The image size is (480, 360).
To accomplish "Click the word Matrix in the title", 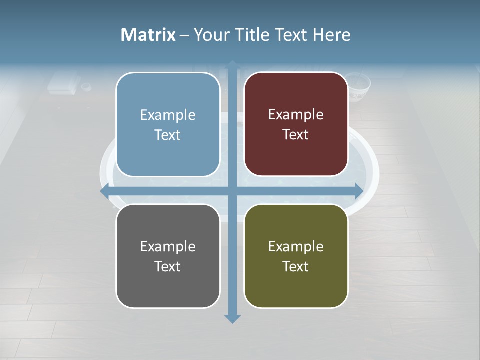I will [x=148, y=35].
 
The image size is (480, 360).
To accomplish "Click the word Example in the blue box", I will [x=168, y=115].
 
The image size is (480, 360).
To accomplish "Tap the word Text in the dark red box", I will [x=296, y=135].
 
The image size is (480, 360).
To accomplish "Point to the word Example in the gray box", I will [x=168, y=247].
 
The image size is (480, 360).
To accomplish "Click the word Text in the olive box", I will [x=296, y=266].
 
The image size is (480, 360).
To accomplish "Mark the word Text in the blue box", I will [x=168, y=135].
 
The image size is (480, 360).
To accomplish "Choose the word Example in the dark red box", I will [x=296, y=115].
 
